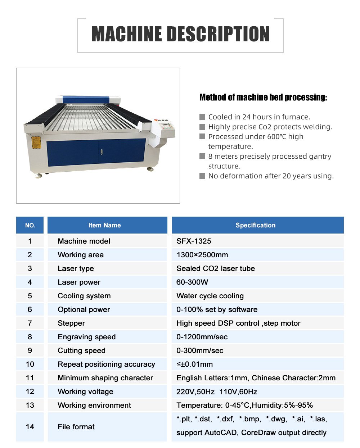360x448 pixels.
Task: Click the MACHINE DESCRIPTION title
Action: point(180,34)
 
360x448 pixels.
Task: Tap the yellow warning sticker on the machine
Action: point(36,142)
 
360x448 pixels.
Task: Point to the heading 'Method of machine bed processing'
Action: point(263,97)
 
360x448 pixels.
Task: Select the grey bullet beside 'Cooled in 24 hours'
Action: point(202,117)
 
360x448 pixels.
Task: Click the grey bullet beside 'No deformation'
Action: point(202,176)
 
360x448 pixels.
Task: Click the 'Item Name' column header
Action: point(105,225)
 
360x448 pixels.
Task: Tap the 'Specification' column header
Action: point(256,225)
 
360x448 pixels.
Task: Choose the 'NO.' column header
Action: point(30,225)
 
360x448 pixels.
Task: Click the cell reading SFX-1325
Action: point(194,241)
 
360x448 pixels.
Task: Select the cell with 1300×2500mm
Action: point(202,255)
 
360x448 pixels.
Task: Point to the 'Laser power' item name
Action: point(79,282)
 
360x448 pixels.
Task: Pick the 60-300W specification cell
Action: point(192,282)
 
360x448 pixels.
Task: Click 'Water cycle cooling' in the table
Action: point(210,296)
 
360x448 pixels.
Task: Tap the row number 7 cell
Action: point(30,323)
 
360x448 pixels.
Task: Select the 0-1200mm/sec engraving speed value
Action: point(202,337)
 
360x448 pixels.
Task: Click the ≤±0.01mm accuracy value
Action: point(195,364)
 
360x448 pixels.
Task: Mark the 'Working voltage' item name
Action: point(86,392)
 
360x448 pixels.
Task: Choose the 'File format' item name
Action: point(76,427)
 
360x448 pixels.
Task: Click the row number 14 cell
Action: point(30,427)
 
